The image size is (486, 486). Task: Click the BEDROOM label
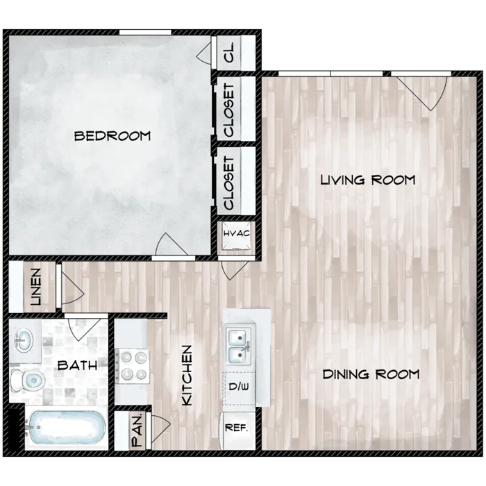(x=112, y=136)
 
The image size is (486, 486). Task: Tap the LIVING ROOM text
(x=367, y=180)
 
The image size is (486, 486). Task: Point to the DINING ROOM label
(x=371, y=374)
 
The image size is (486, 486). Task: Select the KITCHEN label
(x=187, y=376)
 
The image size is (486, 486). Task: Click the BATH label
(x=78, y=365)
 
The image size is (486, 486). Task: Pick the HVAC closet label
(x=237, y=233)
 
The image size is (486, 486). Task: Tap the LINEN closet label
(x=36, y=287)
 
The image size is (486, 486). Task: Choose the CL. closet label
(x=230, y=52)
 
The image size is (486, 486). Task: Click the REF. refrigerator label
(x=237, y=428)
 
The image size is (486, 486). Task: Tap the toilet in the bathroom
(x=28, y=379)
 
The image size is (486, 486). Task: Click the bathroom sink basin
(x=24, y=340)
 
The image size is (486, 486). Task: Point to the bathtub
(x=66, y=428)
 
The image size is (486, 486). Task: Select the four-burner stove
(x=133, y=366)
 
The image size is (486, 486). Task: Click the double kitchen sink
(x=240, y=346)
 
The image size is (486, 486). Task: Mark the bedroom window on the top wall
(x=145, y=32)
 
